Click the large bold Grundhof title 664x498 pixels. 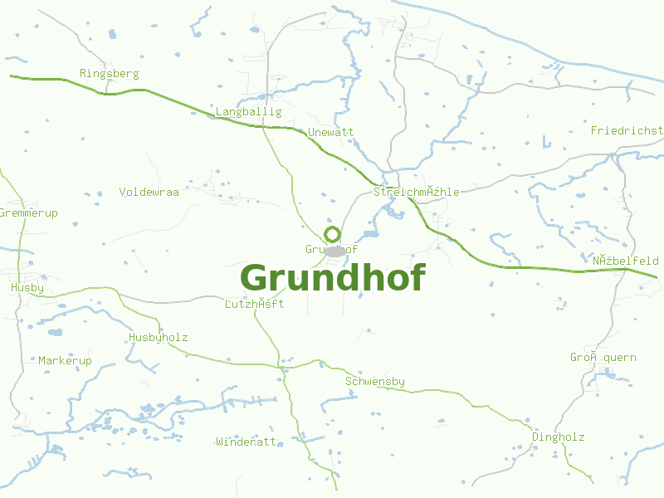(x=333, y=277)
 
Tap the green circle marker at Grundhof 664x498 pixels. (x=332, y=234)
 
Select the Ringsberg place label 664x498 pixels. (x=110, y=74)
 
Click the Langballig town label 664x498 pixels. (x=249, y=112)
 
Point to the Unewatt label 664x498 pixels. (x=330, y=133)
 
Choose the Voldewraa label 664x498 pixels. (x=149, y=192)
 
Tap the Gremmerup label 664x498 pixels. (x=29, y=213)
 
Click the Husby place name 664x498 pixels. (x=27, y=288)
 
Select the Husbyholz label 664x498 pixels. (x=159, y=338)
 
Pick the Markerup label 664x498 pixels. (x=66, y=361)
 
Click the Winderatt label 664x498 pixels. (x=246, y=442)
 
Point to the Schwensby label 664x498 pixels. (x=375, y=382)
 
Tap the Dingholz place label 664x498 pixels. (x=559, y=437)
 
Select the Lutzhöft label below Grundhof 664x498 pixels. (x=255, y=305)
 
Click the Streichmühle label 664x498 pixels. (x=417, y=193)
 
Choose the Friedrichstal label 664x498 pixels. (x=627, y=131)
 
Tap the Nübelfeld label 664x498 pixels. (x=626, y=261)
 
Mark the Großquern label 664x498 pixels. (x=603, y=358)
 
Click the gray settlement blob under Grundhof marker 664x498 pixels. (x=335, y=251)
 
